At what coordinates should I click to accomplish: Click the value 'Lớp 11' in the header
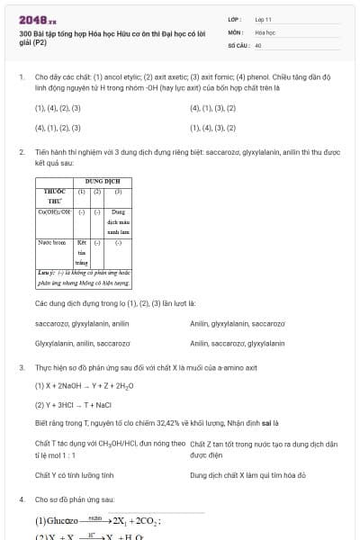264,18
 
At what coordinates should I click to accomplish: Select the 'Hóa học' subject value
265,31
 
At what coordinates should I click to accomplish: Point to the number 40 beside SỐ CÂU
258,44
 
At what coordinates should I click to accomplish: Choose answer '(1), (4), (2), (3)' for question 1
58,108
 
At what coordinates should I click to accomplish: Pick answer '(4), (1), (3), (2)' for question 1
213,108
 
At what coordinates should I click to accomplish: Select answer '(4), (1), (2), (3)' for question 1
58,128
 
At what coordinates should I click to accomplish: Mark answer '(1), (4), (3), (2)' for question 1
213,128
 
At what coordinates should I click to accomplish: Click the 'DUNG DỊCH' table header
103,183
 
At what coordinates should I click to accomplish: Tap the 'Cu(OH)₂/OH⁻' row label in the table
54,211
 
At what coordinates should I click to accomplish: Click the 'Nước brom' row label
51,242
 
